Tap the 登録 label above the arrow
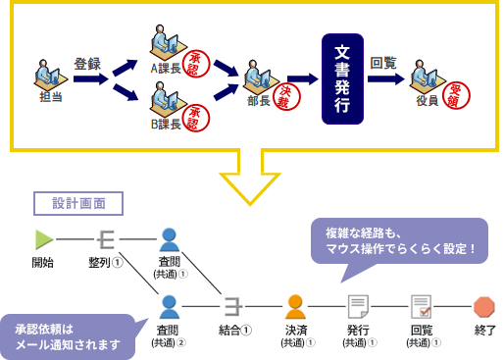pos(87,64)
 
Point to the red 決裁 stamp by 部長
pos(285,97)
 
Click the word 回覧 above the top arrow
pos(383,63)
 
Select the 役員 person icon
pos(428,77)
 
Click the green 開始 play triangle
pos(42,238)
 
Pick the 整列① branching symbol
pos(104,238)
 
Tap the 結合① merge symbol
pos(232,305)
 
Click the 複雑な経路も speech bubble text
pos(397,241)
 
